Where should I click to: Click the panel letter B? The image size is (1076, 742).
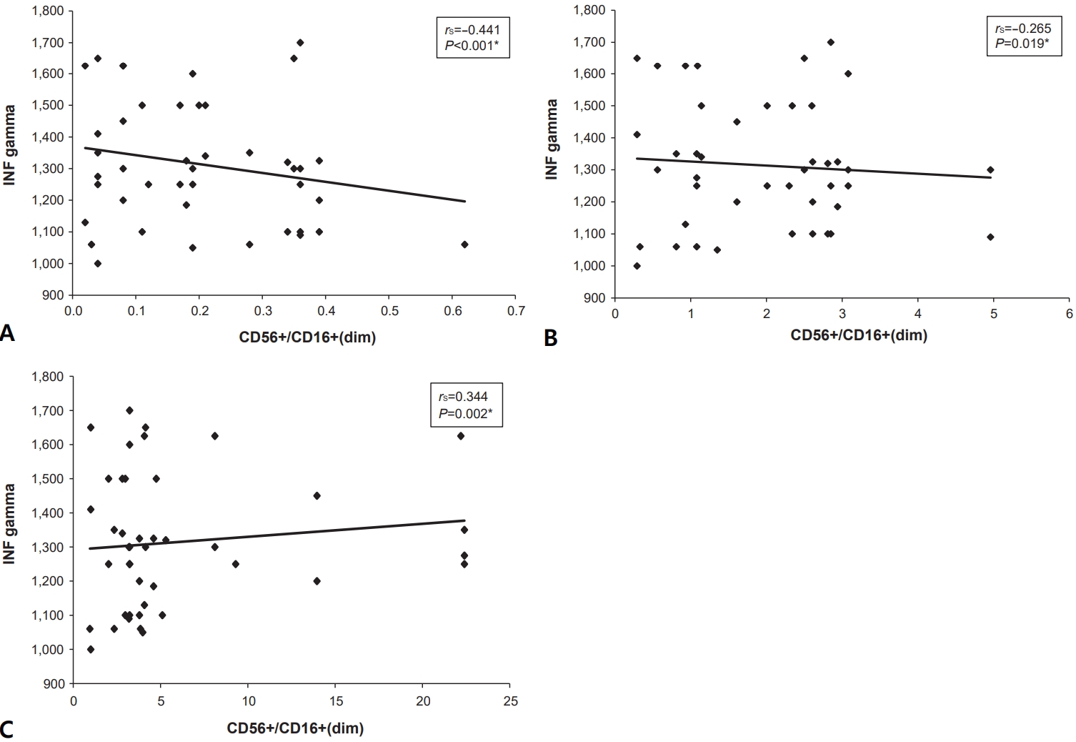tap(550, 338)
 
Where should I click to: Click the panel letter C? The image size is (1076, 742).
tap(7, 729)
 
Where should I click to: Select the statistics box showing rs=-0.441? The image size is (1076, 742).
tap(472, 39)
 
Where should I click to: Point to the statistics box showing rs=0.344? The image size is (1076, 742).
tap(466, 405)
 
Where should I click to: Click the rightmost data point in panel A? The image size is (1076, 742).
tap(464, 244)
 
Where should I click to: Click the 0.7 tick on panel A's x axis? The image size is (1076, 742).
tap(516, 311)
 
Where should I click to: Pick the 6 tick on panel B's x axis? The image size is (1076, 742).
tap(1069, 314)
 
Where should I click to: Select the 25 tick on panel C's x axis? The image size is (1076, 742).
tap(510, 701)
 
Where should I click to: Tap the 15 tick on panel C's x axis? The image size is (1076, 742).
tap(335, 701)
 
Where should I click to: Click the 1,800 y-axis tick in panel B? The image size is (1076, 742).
tap(589, 11)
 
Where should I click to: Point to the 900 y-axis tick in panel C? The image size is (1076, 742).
tap(55, 684)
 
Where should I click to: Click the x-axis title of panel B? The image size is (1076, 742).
tap(858, 335)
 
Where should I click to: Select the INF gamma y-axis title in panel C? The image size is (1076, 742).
tap(9, 524)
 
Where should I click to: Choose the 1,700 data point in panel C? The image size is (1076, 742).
tap(129, 410)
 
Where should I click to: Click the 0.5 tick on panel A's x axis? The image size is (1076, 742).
tap(389, 311)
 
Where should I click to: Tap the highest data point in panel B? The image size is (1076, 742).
tap(830, 42)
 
